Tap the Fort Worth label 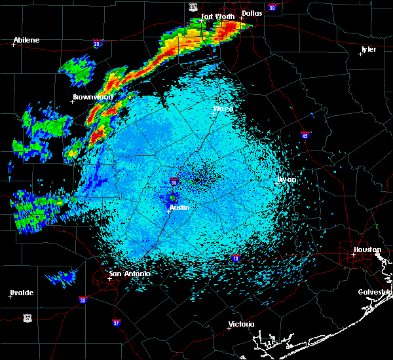[217, 16]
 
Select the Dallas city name [251, 12]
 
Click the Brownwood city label [92, 97]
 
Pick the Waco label [223, 109]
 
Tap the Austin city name [179, 207]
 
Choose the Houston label [367, 249]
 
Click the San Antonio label [129, 274]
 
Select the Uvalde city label [22, 292]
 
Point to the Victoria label [240, 324]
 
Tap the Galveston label [375, 292]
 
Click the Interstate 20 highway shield [97, 44]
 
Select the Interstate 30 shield [272, 8]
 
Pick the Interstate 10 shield [234, 259]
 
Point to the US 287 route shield [193, 7]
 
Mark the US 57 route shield [27, 317]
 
